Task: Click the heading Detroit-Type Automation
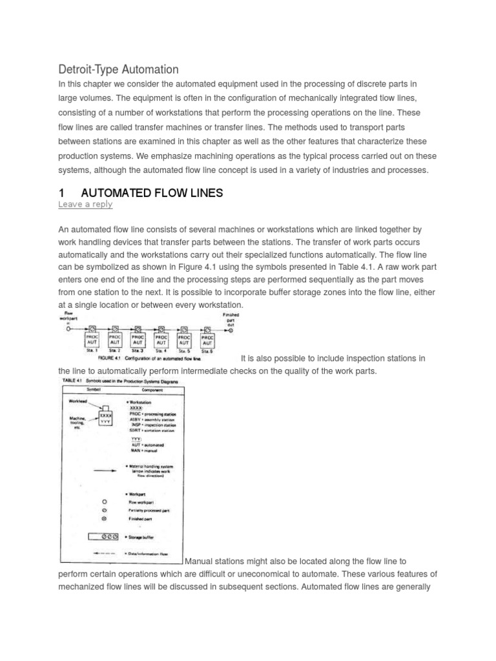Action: point(118,69)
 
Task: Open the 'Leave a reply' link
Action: point(85,204)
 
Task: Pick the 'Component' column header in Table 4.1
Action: point(142,390)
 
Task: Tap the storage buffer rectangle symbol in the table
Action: point(103,536)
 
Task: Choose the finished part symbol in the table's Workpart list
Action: point(105,518)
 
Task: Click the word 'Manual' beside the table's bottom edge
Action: point(202,562)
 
